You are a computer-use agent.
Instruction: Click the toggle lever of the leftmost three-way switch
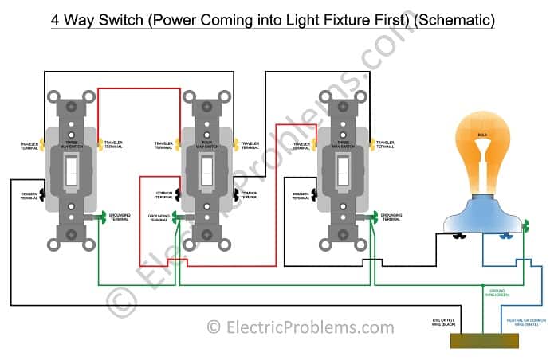click(x=71, y=169)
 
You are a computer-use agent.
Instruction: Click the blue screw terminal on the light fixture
click(x=504, y=236)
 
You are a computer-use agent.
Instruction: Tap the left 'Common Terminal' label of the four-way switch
click(x=165, y=194)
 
